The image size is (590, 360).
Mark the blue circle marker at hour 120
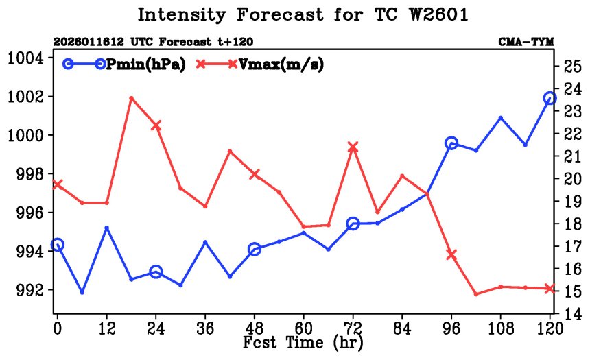[550, 99]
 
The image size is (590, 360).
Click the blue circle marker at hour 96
[451, 143]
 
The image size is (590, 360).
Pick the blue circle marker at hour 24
[156, 272]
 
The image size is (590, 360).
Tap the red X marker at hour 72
[353, 147]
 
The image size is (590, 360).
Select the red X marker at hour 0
[58, 184]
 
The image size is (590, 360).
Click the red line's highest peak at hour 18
[131, 98]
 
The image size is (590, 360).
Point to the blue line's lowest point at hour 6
[82, 293]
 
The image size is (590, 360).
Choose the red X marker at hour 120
[550, 289]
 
